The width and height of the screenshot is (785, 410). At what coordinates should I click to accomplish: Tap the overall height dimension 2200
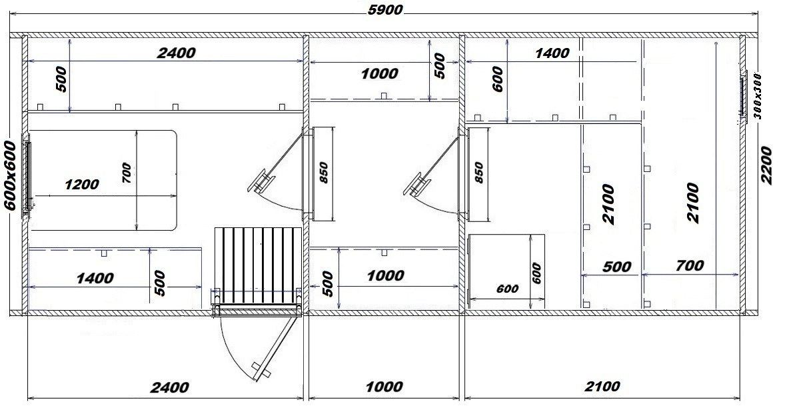(766, 165)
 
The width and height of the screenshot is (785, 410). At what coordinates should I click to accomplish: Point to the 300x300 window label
(757, 95)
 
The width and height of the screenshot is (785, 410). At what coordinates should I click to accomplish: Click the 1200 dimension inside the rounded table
(82, 185)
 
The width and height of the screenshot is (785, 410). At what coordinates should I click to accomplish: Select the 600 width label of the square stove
(507, 289)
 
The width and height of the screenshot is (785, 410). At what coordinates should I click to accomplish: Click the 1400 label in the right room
(552, 53)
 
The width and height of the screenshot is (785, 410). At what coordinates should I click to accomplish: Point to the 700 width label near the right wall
(690, 265)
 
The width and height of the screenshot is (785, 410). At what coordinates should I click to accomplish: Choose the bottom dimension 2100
(602, 387)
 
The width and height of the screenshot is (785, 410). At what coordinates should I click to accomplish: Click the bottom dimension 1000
(385, 387)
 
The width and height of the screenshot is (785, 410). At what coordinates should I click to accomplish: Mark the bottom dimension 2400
(171, 387)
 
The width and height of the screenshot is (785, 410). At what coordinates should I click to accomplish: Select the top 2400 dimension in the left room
(176, 53)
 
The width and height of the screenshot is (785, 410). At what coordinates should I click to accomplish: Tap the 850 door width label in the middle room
(323, 173)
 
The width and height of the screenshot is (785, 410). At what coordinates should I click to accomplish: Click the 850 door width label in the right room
(479, 173)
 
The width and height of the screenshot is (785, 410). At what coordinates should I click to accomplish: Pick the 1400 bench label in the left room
(95, 278)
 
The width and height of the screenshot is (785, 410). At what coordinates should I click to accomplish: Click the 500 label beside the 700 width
(617, 266)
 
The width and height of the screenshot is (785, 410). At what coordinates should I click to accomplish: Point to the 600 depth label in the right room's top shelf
(498, 79)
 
